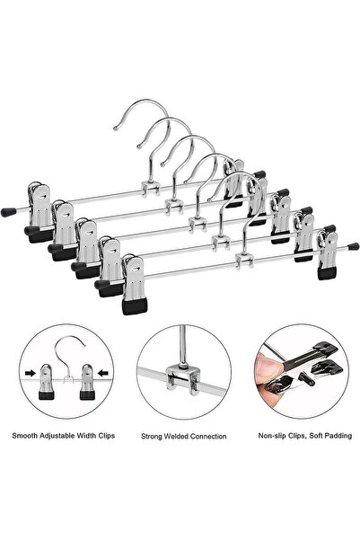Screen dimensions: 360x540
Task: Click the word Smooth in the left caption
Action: pyautogui.click(x=25, y=436)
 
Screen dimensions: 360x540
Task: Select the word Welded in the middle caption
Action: pyautogui.click(x=176, y=437)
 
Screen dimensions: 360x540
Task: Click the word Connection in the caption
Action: pyautogui.click(x=208, y=437)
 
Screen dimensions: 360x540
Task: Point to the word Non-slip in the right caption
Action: pyautogui.click(x=271, y=436)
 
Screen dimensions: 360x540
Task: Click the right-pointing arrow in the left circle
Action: pyautogui.click(x=31, y=373)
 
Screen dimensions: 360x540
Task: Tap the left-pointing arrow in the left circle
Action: pyautogui.click(x=103, y=373)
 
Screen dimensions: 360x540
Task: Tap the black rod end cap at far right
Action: pyautogui.click(x=353, y=246)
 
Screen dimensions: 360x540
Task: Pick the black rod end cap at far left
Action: pyautogui.click(x=7, y=212)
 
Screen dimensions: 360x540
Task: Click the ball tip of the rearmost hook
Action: pyautogui.click(x=115, y=128)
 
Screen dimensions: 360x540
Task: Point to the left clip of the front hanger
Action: pyautogui.click(x=135, y=286)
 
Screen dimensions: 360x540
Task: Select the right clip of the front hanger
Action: pyautogui.click(x=328, y=254)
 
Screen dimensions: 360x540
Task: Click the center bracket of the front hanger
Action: pyautogui.click(x=243, y=260)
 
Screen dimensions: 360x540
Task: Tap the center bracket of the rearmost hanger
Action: pyautogui.click(x=151, y=189)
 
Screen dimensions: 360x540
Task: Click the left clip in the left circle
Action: pyautogui.click(x=47, y=382)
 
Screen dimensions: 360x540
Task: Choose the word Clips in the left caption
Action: pyautogui.click(x=106, y=436)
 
